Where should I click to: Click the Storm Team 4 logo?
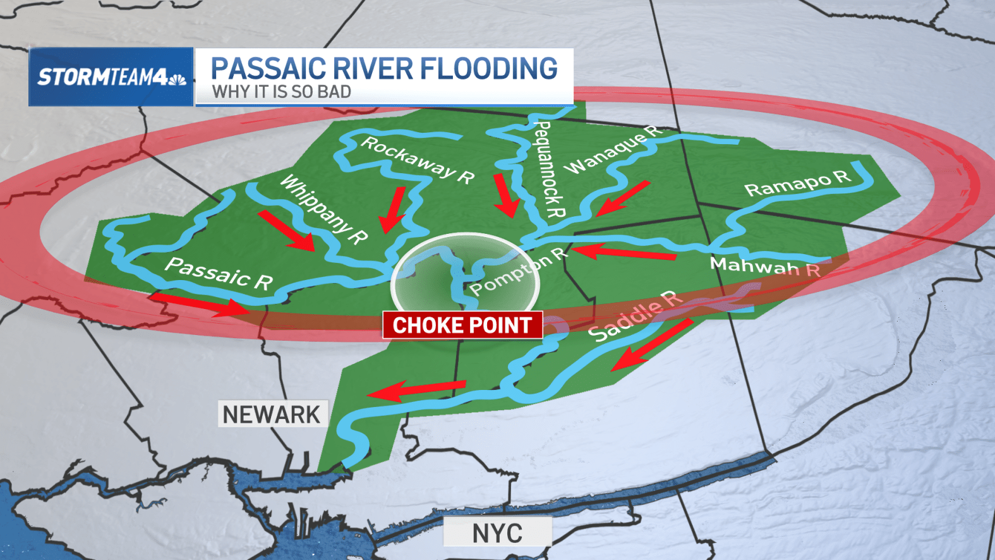point(111,77)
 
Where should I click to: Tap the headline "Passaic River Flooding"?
point(384,68)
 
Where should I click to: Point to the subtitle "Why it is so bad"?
point(281,92)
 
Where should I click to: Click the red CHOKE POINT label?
point(462,325)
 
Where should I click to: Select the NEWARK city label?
point(272,415)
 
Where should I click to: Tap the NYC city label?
point(497,533)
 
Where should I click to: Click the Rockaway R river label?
point(418,161)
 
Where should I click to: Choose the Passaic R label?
point(219,274)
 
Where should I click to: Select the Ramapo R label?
point(798,183)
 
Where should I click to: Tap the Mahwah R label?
point(765,267)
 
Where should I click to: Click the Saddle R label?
point(635,315)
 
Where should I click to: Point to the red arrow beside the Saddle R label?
point(651,344)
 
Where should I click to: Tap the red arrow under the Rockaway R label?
point(393,209)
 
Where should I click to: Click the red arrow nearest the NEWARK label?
point(416,390)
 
